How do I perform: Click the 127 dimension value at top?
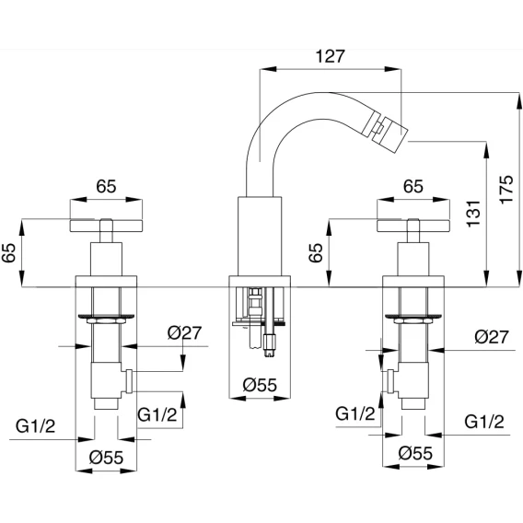coord(330,56)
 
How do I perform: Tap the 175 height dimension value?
coord(506,189)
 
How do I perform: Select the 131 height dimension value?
coord(473,214)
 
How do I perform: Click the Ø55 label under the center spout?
coord(260,385)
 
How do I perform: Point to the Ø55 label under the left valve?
coord(107,458)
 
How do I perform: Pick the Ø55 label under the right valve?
coord(415,453)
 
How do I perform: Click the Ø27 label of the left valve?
coord(184,333)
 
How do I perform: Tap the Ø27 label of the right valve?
coord(492,337)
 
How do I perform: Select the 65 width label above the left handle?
coord(106,186)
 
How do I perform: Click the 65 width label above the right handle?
coord(413,186)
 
